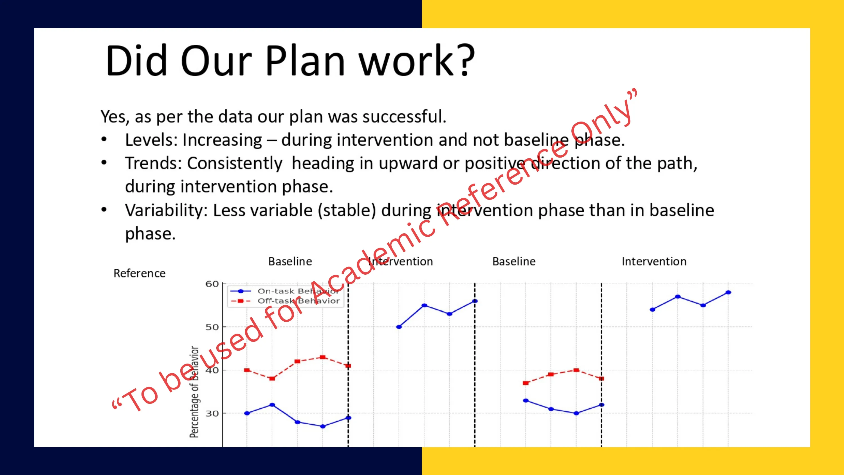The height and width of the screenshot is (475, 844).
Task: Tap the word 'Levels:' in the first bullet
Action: pos(151,140)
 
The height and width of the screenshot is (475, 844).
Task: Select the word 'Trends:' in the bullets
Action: pos(153,163)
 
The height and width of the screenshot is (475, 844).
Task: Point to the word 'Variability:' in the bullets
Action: pos(167,210)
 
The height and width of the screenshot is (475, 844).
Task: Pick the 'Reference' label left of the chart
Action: pos(139,273)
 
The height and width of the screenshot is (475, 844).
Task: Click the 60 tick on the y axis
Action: pos(212,284)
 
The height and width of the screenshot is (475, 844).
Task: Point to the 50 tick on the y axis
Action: pos(212,327)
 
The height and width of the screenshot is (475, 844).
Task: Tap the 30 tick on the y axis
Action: pos(212,414)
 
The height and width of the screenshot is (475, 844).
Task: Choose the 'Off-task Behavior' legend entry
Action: pos(285,301)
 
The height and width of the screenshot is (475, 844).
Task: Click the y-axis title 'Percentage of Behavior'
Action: pos(194,392)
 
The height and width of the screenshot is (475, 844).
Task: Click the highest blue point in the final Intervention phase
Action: pos(728,292)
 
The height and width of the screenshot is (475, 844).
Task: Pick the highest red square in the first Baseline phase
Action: pos(323,357)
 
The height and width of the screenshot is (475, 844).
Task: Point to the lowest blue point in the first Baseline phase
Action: pos(323,427)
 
